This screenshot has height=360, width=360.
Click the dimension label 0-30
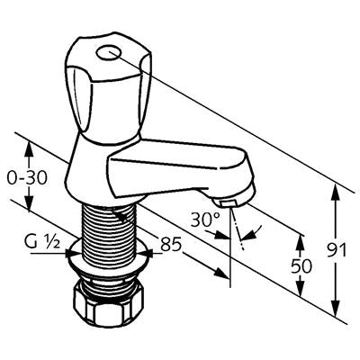pyautogui.click(x=27, y=178)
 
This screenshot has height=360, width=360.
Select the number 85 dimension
pyautogui.click(x=171, y=244)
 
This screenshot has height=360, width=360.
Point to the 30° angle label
pyautogui.click(x=206, y=220)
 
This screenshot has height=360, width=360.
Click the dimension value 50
pyautogui.click(x=301, y=265)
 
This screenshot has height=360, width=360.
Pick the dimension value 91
pyautogui.click(x=337, y=250)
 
